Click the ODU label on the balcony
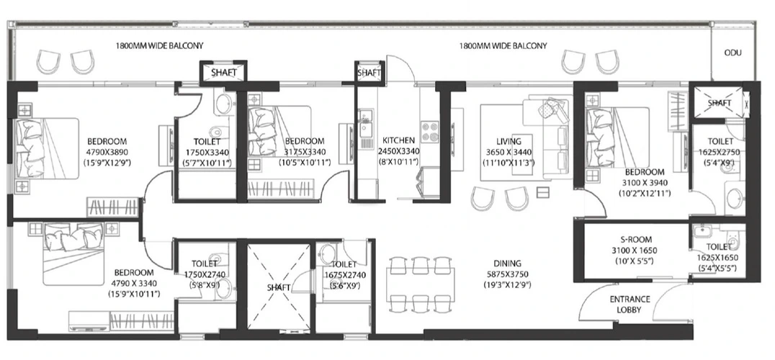pos(733,53)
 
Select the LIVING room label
pos(509,141)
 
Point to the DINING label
pos(507,264)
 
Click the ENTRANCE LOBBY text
pos(630,305)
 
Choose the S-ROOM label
pos(637,240)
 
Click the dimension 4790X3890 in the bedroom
pos(107,152)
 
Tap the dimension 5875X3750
pos(507,274)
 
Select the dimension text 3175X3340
pos(305,152)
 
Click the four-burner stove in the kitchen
pos(429,132)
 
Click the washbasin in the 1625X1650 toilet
pos(699,231)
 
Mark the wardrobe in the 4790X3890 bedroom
pos(112,207)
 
